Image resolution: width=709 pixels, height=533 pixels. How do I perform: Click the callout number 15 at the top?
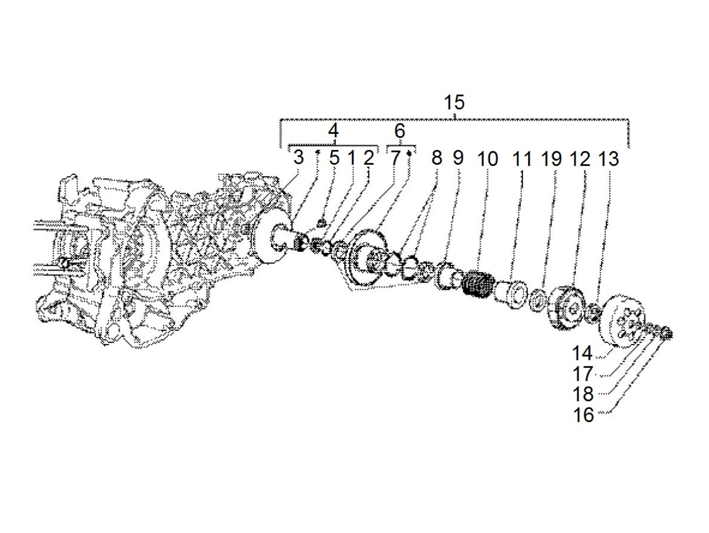454,102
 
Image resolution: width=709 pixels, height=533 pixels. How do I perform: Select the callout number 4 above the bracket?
333,131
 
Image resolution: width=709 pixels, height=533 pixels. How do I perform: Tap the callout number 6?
400,131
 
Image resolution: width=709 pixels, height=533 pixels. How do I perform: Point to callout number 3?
298,158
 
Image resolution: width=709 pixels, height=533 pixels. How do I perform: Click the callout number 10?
487,159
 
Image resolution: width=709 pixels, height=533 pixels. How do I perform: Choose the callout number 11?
522,159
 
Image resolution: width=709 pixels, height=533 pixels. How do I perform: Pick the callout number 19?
552,159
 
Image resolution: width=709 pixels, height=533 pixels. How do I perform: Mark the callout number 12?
580,159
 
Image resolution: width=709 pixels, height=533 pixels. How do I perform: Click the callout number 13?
609,159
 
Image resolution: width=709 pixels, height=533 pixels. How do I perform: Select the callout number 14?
582,353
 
